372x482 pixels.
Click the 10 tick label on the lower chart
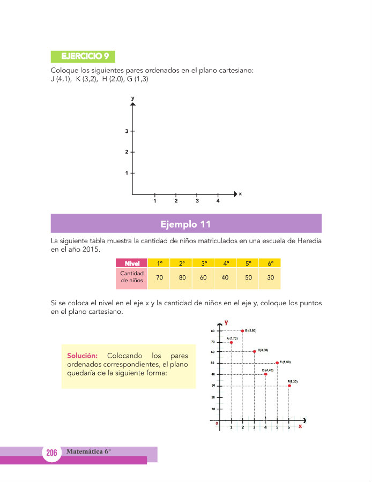pos(213,409)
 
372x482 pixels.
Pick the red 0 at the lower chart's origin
pos(217,423)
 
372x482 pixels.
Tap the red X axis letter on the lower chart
pos(300,427)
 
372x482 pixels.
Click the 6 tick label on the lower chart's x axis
pos(289,427)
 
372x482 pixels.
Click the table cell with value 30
pos(271,277)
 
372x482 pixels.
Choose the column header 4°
pos(226,263)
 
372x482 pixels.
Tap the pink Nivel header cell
pos(132,263)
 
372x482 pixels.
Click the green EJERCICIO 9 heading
pos(83,56)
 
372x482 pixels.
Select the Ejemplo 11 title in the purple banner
pos(186,223)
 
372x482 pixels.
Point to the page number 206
pos(51,453)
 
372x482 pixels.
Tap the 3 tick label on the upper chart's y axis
pos(127,131)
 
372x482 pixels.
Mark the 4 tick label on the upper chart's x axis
pos(218,201)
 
